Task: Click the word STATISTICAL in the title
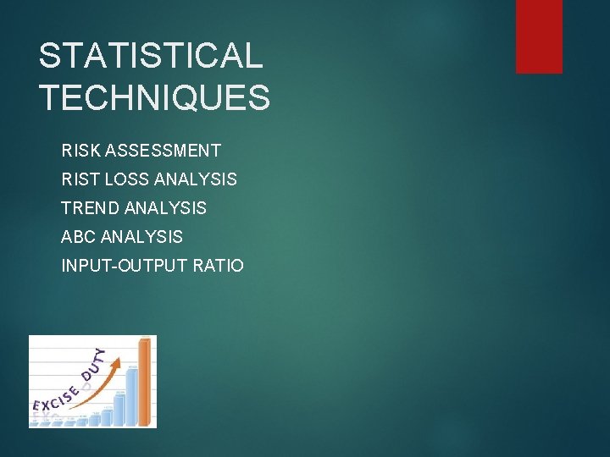click(x=151, y=57)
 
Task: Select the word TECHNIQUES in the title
click(x=154, y=97)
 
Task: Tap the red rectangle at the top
click(x=539, y=36)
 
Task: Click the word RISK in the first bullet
click(x=79, y=151)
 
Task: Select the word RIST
click(x=78, y=179)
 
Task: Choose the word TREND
click(x=89, y=207)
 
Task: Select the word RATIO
click(x=218, y=266)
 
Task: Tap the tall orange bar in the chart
click(x=145, y=383)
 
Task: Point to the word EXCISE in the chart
click(x=55, y=399)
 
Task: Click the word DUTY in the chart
click(x=93, y=364)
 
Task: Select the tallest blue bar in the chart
click(x=132, y=396)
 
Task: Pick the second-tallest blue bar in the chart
click(x=119, y=409)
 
